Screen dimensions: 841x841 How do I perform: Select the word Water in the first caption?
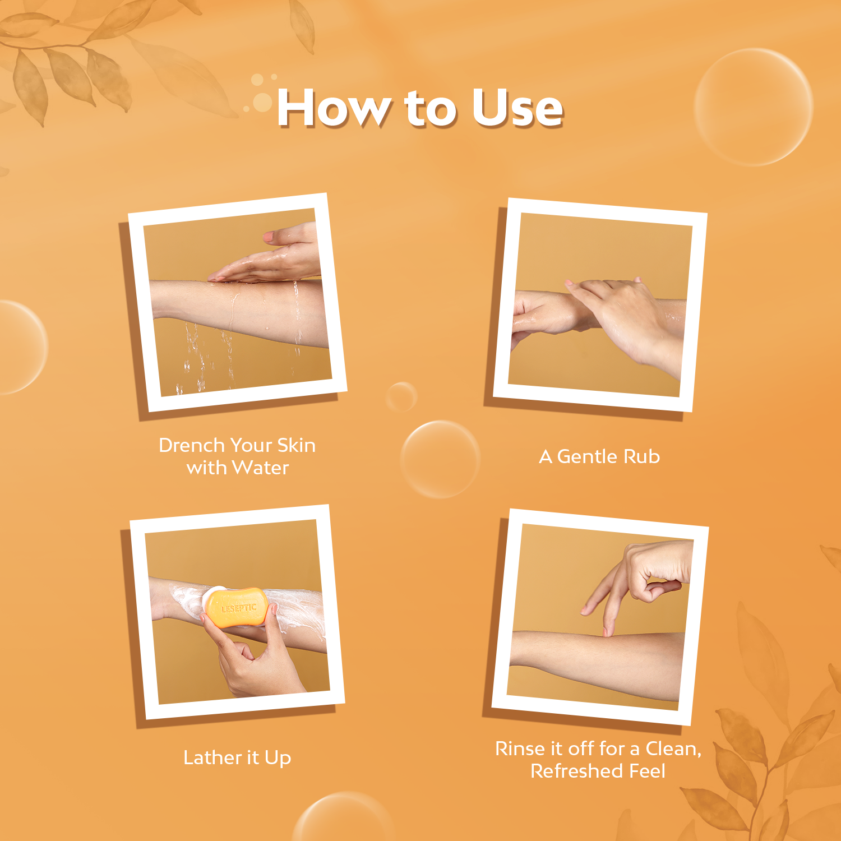point(260,468)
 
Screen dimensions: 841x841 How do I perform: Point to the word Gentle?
point(586,456)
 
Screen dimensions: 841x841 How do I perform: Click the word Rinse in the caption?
point(519,748)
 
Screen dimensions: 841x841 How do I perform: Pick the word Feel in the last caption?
point(647,771)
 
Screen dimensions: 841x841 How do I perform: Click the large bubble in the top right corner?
point(753,107)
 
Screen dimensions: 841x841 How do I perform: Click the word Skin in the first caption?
point(296,445)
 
